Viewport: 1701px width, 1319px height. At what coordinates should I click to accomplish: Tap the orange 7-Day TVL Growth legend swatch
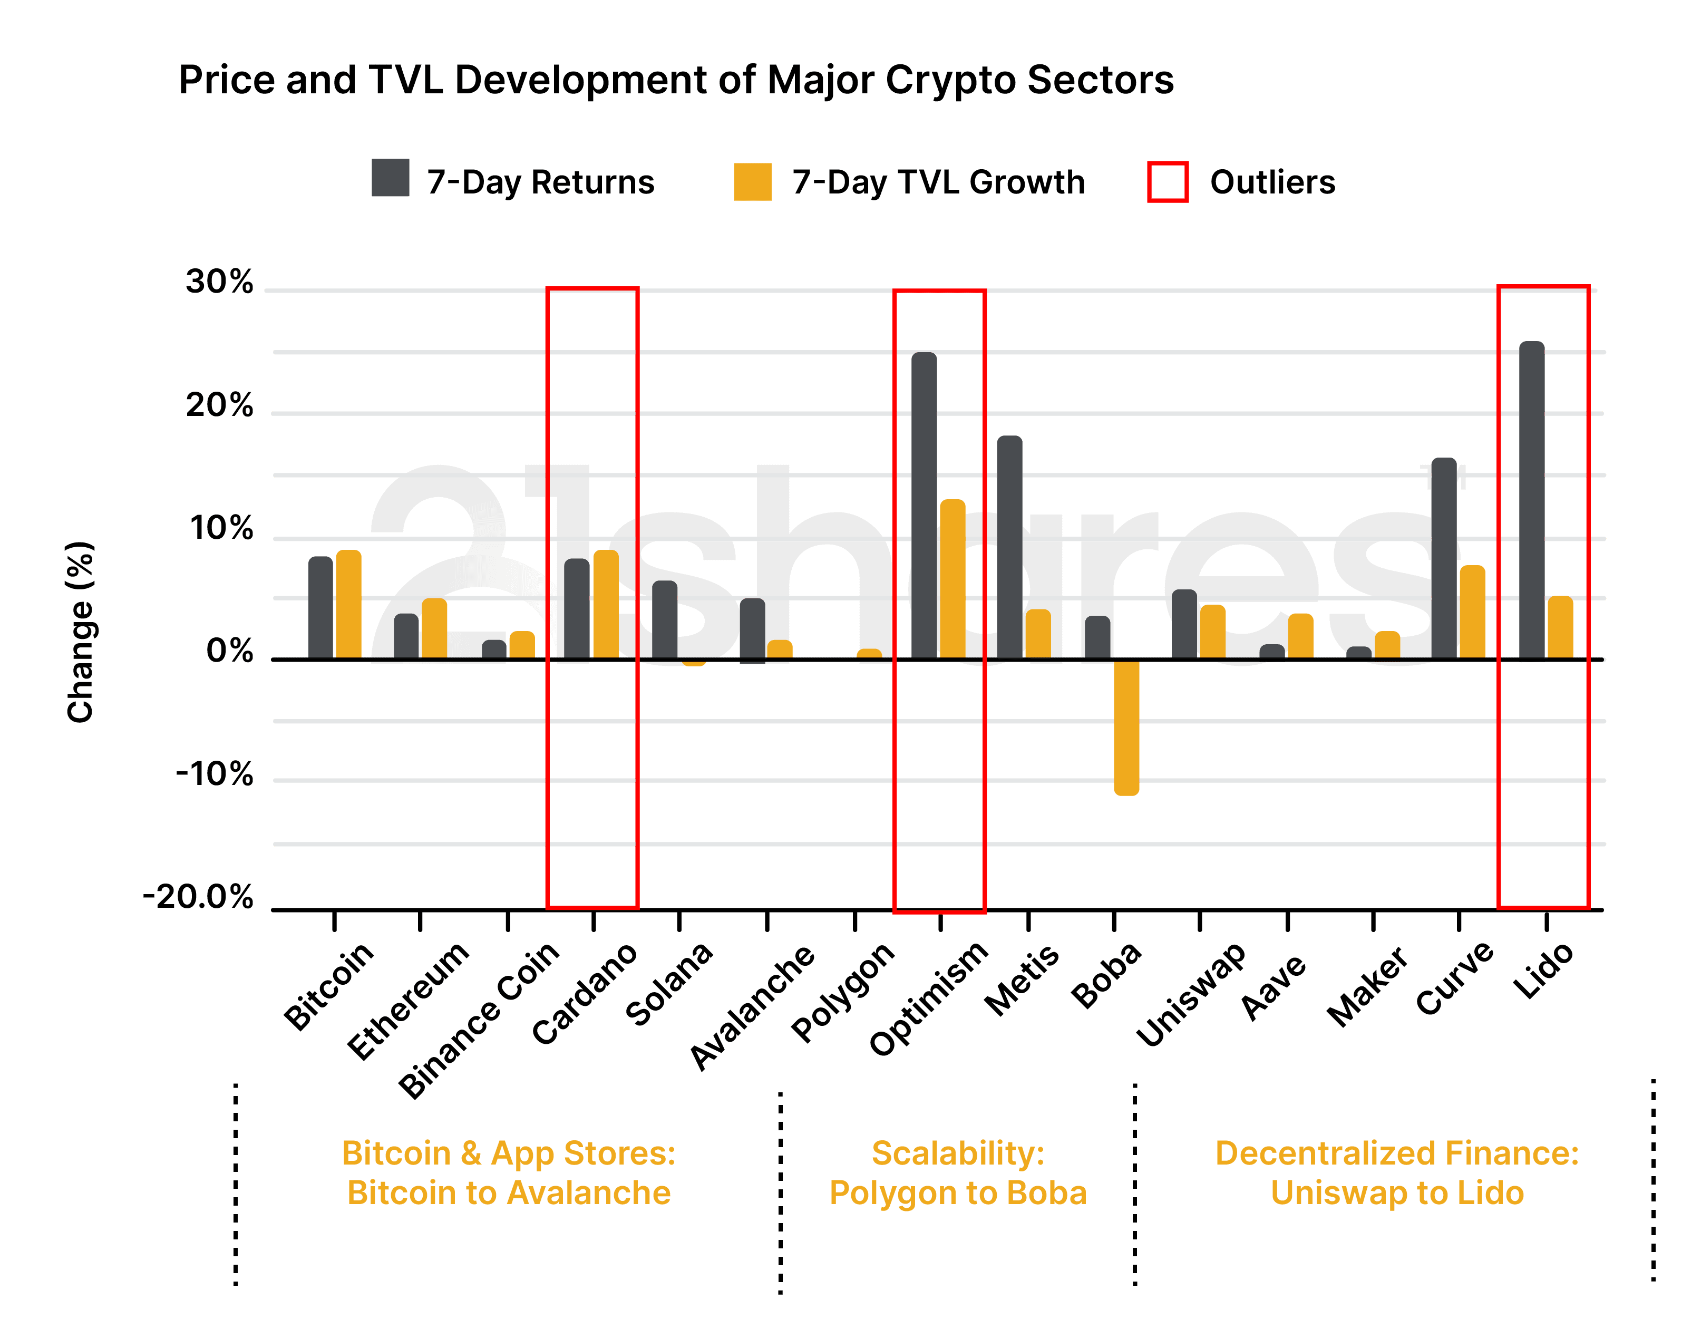[752, 181]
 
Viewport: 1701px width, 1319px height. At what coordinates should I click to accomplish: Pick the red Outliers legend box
[1168, 181]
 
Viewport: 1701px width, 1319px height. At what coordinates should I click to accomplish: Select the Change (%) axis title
[80, 632]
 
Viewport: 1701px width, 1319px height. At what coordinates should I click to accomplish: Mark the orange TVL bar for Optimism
[952, 579]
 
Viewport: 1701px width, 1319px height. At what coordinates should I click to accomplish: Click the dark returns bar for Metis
[1009, 547]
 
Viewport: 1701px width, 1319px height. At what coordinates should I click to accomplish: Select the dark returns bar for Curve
[1444, 558]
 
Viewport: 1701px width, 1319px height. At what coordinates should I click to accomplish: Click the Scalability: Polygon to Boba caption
[957, 1172]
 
